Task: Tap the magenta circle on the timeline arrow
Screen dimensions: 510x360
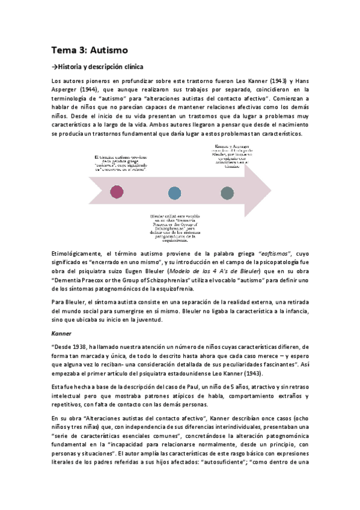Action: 117,192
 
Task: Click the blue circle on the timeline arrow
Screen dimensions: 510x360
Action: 174,192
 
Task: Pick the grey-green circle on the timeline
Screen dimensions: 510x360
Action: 228,192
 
